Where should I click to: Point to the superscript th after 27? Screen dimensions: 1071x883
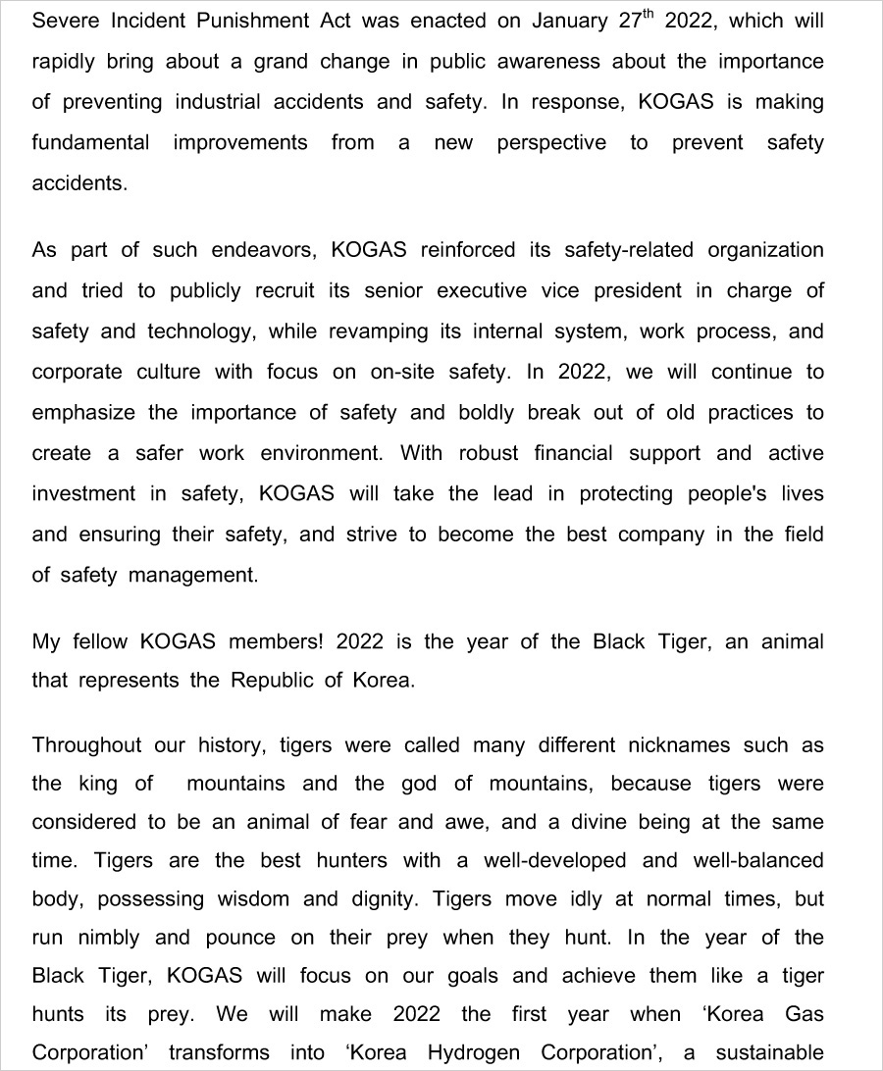649,16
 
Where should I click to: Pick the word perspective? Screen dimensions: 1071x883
551,143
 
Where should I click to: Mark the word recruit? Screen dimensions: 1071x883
290,291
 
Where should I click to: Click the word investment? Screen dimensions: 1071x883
83,494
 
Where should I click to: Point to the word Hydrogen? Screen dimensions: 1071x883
476,1053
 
